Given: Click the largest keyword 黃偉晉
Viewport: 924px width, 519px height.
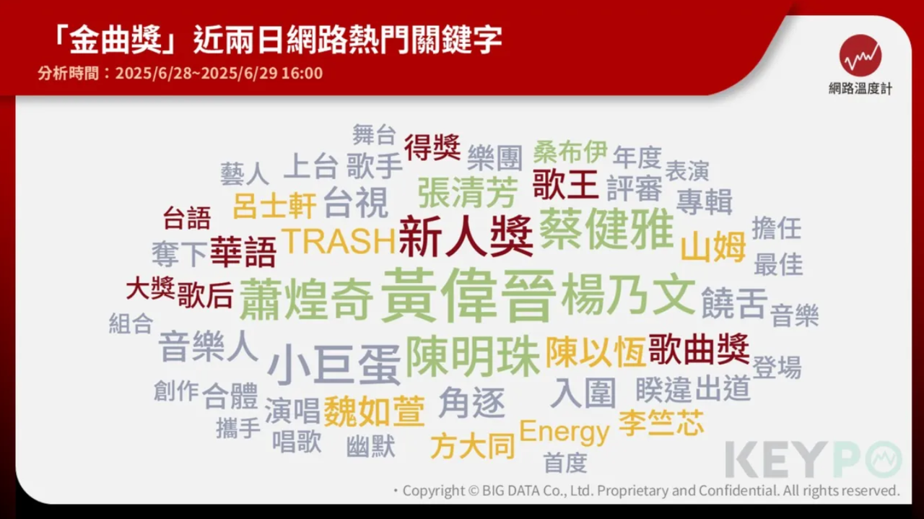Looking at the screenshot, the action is [468, 295].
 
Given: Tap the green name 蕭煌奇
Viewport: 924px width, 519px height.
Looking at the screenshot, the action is [306, 299].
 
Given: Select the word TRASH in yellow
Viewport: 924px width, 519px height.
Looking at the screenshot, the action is [339, 241].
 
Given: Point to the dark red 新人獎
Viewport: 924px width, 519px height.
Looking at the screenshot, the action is [466, 236].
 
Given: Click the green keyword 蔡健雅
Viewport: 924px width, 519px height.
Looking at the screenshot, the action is [606, 228].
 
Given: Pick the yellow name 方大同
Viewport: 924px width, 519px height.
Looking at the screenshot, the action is [473, 445].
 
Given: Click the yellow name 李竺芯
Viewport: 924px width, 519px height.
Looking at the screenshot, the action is [661, 423].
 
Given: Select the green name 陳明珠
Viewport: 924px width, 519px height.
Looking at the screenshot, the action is [473, 357].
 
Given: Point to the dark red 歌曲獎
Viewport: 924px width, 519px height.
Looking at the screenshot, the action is [699, 349].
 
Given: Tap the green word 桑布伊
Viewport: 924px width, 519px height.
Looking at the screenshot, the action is [570, 152].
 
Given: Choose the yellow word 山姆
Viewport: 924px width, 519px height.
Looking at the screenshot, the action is [713, 246].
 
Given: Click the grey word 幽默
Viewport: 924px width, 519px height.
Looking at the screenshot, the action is [371, 446].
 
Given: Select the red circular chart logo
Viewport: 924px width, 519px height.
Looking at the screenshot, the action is [860, 56].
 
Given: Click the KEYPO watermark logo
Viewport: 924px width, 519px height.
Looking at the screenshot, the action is [814, 459].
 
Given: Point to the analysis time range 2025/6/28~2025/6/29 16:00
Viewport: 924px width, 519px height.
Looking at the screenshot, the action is [219, 73].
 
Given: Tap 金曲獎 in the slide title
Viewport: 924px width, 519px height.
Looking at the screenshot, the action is [115, 40].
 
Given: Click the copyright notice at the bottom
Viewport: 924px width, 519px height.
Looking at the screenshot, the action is [647, 491].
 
